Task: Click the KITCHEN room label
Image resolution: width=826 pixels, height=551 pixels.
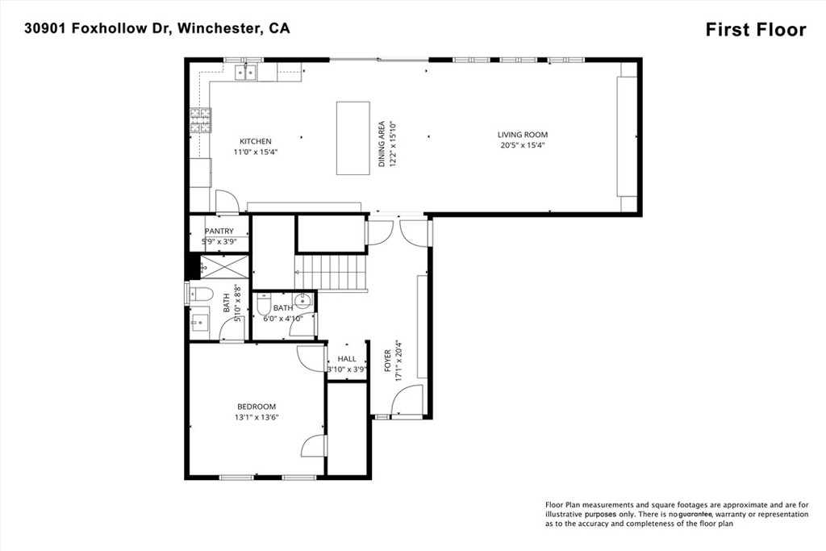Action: click(256, 141)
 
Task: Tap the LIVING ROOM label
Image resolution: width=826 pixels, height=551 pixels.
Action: click(523, 135)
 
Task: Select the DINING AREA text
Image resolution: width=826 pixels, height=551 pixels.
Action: click(382, 144)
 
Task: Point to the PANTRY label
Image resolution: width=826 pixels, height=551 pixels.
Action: click(219, 232)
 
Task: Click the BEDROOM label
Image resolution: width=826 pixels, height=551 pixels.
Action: click(257, 407)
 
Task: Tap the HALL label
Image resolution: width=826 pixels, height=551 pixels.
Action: click(347, 359)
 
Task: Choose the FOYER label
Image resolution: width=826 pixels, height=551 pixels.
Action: click(388, 361)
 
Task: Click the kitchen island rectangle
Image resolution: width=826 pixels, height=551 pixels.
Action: click(353, 138)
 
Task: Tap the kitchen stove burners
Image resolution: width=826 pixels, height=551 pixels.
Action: click(201, 120)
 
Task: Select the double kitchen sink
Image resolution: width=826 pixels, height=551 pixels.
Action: click(245, 72)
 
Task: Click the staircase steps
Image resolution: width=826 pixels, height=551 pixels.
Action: click(331, 273)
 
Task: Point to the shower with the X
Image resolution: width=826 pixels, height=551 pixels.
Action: click(224, 266)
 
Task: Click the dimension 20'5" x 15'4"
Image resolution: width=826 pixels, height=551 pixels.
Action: click(522, 145)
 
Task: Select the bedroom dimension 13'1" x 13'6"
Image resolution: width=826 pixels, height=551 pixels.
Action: click(257, 417)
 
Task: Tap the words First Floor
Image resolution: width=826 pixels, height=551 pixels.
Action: click(756, 30)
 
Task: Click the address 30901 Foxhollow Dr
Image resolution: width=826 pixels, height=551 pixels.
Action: click(98, 28)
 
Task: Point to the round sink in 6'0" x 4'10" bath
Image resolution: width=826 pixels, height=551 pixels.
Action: click(303, 301)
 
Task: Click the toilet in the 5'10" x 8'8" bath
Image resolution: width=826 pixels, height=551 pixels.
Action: click(201, 294)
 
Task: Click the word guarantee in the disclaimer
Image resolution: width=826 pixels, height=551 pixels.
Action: click(695, 514)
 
